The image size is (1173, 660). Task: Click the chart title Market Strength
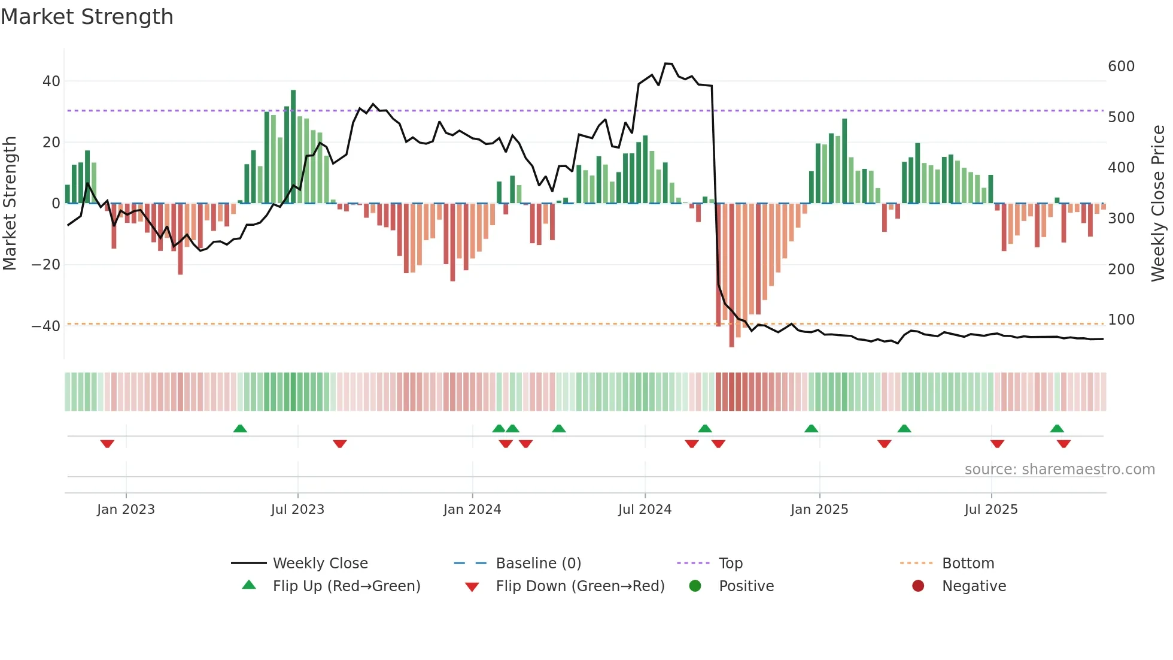87,17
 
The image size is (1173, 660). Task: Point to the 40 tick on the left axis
51,81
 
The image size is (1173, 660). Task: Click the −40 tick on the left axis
46,326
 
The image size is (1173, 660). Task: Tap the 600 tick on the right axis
1121,66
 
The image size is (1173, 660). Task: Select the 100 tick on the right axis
1121,320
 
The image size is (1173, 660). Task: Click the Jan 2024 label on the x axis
472,510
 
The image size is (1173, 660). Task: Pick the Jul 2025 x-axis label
991,510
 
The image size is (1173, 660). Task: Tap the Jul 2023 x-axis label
297,510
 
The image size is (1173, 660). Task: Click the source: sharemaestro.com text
1059,470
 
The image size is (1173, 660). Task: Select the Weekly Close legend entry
320,564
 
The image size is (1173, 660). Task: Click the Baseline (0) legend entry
538,564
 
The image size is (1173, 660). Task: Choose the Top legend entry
730,564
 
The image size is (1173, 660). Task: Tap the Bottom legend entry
968,564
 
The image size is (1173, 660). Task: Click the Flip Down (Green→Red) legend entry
579,586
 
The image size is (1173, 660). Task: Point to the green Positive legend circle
695,586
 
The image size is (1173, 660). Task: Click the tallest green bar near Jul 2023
293,147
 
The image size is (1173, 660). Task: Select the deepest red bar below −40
731,275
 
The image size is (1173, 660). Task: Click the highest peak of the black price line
668,63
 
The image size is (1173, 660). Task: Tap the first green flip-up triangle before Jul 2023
240,428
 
